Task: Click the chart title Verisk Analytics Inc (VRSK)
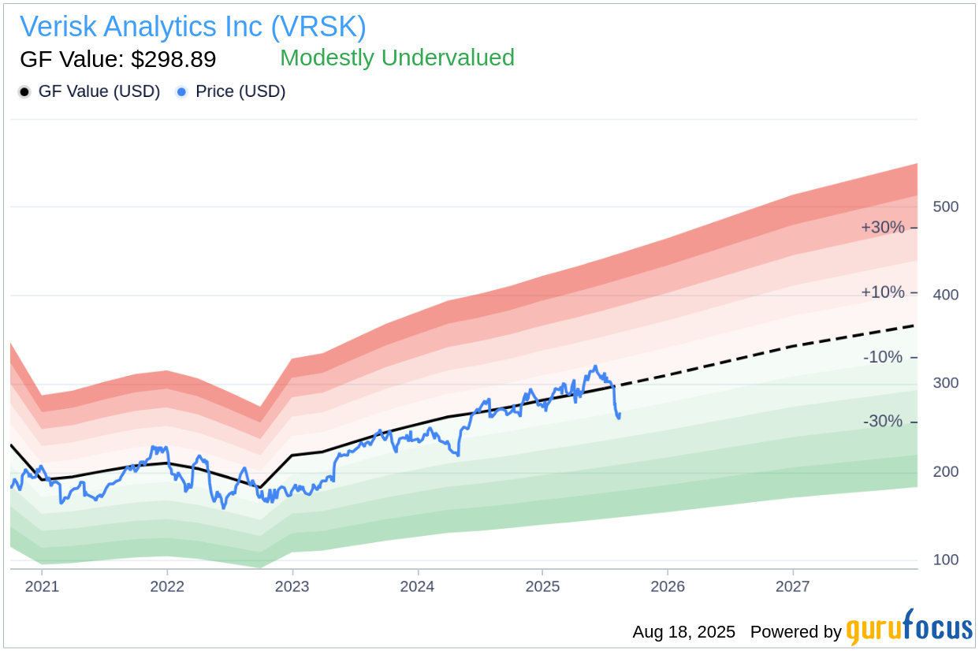[x=193, y=27]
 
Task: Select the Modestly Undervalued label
[x=397, y=58]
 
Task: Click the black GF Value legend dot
[x=24, y=92]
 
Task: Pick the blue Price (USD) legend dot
[x=181, y=92]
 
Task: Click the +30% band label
[x=882, y=228]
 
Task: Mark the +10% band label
[x=882, y=292]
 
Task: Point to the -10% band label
[x=882, y=357]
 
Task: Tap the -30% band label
[x=882, y=422]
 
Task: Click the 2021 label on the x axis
[x=42, y=586]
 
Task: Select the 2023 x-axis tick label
[x=292, y=586]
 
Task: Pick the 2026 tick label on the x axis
[x=668, y=586]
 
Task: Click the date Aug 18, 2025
[x=683, y=632]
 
